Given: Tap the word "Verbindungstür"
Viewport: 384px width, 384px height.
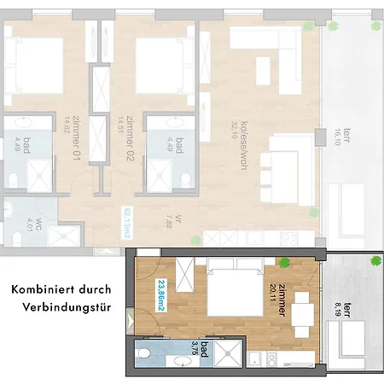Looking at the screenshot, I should tap(68, 308).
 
